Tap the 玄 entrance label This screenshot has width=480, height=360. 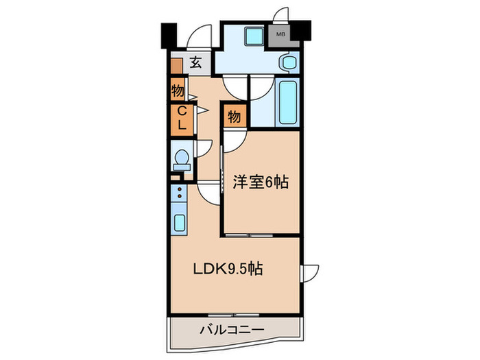tap(195, 64)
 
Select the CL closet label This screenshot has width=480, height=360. tap(182, 118)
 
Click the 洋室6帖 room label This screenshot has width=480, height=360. tap(261, 182)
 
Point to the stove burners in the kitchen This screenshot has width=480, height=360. tap(180, 194)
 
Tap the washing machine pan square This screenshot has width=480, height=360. tap(254, 36)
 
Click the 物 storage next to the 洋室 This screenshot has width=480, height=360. tap(233, 117)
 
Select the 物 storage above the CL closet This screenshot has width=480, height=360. tap(178, 90)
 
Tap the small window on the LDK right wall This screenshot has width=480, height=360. tap(306, 272)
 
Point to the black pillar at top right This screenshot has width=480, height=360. tap(303, 30)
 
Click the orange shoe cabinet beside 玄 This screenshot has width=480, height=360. tap(177, 67)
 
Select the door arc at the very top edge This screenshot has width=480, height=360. tap(280, 14)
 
